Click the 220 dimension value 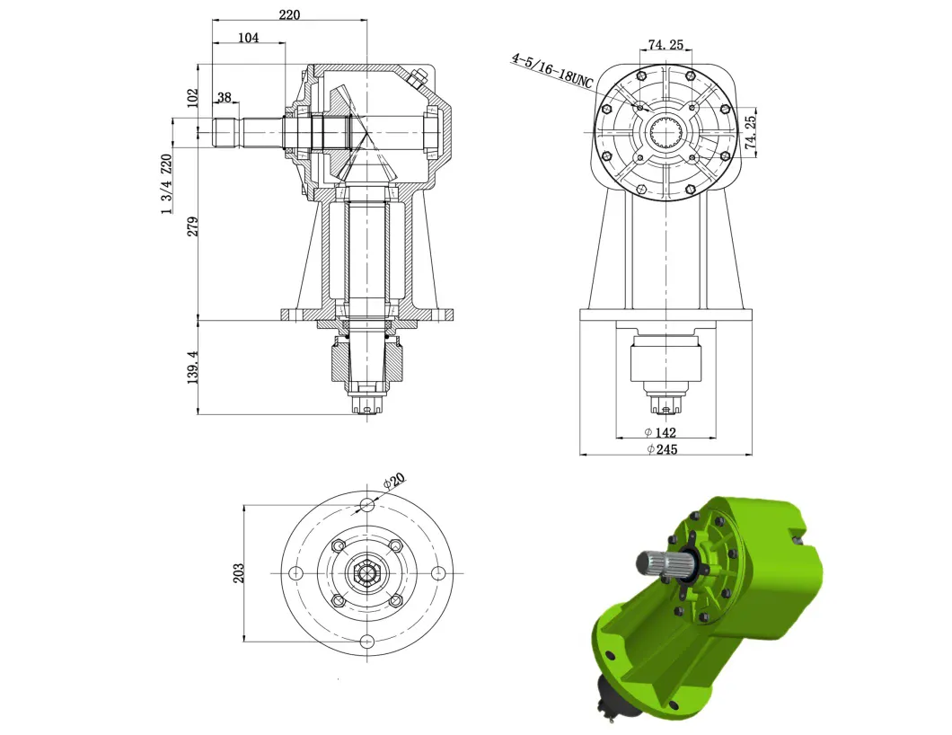(289, 14)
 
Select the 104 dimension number (248, 38)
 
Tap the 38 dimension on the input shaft (224, 99)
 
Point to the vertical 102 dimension (191, 97)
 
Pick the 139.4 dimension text (191, 367)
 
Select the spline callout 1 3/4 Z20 (165, 184)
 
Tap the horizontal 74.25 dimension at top (666, 45)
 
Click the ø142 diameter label (665, 432)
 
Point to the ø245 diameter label (665, 449)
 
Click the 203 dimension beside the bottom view (239, 573)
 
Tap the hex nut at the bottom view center (366, 573)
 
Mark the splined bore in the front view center (666, 135)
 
